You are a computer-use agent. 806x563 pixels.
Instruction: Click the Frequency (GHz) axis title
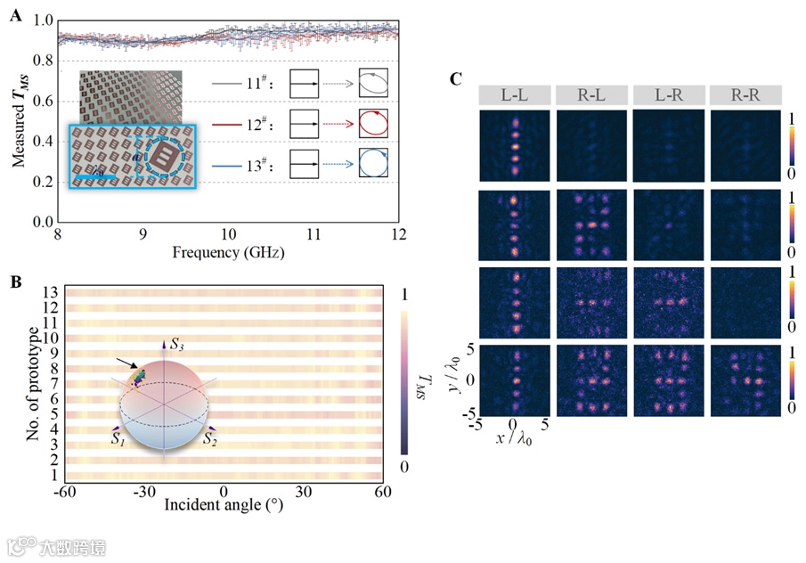click(228, 252)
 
